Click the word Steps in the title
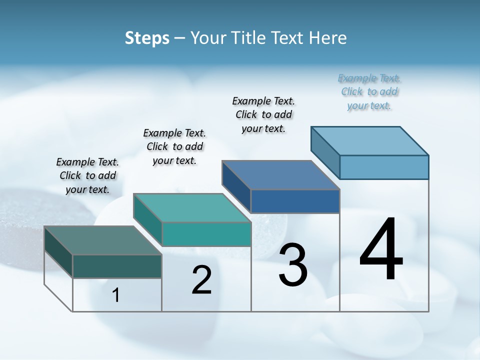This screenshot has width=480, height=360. pos(147,38)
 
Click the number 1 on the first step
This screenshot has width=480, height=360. pos(116,295)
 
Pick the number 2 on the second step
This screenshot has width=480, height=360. pos(201,280)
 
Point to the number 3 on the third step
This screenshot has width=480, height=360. pos(293,265)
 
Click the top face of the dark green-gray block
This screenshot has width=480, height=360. pos(102,240)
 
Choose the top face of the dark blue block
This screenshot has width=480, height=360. pos(280,175)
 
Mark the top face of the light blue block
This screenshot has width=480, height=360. pos(370,141)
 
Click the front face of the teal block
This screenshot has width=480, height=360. pos(206,234)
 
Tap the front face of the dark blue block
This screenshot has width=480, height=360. pos(295,201)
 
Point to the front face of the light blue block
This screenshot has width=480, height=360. pos(384,167)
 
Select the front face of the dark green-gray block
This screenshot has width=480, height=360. pos(117,266)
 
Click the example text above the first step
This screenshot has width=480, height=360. pos(87,175)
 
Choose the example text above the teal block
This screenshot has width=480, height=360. pos(174,146)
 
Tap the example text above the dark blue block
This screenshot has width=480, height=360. pos(263,114)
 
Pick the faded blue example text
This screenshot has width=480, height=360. pos(369,91)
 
